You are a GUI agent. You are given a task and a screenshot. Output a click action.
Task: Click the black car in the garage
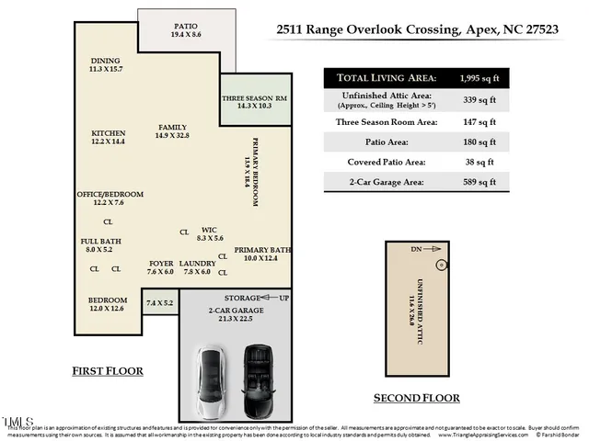click(255, 372)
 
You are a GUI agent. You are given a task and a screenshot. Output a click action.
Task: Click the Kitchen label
click(108, 132)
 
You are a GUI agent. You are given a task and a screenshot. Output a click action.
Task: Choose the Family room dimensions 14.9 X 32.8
click(173, 136)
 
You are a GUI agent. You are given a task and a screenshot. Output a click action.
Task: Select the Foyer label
click(160, 263)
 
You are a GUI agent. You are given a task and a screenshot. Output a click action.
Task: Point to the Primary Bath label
click(261, 250)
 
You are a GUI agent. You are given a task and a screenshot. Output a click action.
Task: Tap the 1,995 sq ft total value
click(471, 78)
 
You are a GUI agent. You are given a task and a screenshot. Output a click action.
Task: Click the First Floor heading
click(109, 371)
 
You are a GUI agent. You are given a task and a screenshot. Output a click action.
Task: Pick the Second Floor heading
click(416, 398)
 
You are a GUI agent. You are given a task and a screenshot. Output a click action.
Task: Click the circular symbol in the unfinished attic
click(441, 266)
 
